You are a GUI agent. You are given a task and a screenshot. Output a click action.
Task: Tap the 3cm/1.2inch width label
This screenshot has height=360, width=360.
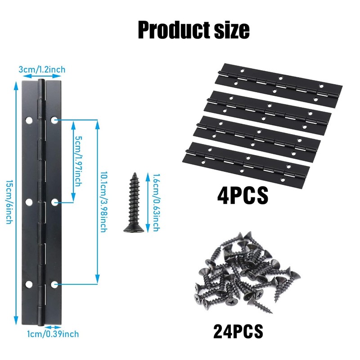42,69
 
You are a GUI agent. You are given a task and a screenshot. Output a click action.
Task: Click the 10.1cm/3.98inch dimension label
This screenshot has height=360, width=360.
103,202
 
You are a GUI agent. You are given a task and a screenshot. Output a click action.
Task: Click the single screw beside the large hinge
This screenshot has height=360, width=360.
133,203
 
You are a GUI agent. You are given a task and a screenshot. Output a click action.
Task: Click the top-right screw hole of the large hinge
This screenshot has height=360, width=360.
55,121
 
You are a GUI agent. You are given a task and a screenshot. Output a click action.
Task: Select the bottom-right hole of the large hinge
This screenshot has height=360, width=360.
55,284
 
